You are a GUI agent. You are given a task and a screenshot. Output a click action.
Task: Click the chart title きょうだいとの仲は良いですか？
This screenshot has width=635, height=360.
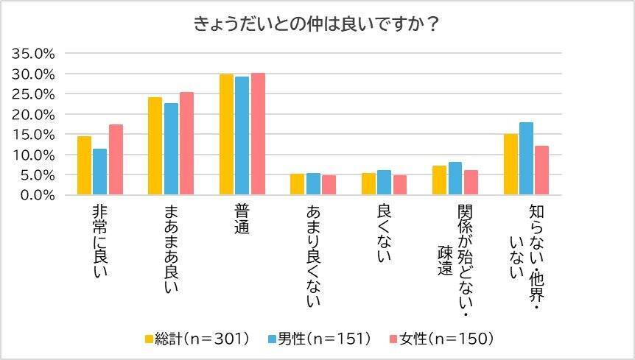317,24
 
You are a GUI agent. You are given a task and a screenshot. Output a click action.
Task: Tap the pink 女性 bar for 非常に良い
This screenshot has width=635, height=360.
116,160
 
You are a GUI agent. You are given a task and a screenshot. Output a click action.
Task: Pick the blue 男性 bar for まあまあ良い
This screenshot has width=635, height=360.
171,149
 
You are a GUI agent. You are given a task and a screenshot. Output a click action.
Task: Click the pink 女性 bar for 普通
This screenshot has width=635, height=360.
258,134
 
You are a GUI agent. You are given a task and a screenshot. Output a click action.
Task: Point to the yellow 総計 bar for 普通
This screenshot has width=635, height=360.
226,135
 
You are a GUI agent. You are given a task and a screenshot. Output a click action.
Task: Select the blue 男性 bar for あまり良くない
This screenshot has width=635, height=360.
313,184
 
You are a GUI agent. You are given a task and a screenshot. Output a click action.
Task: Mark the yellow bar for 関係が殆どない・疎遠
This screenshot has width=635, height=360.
439,180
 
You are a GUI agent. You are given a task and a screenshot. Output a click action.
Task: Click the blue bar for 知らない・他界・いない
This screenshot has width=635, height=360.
526,159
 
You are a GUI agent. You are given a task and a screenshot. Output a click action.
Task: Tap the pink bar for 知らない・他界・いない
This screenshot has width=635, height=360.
541,171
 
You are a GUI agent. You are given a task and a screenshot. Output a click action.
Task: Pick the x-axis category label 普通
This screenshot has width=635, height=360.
242,220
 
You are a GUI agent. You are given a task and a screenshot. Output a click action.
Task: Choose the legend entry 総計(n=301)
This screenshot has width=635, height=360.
197,339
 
